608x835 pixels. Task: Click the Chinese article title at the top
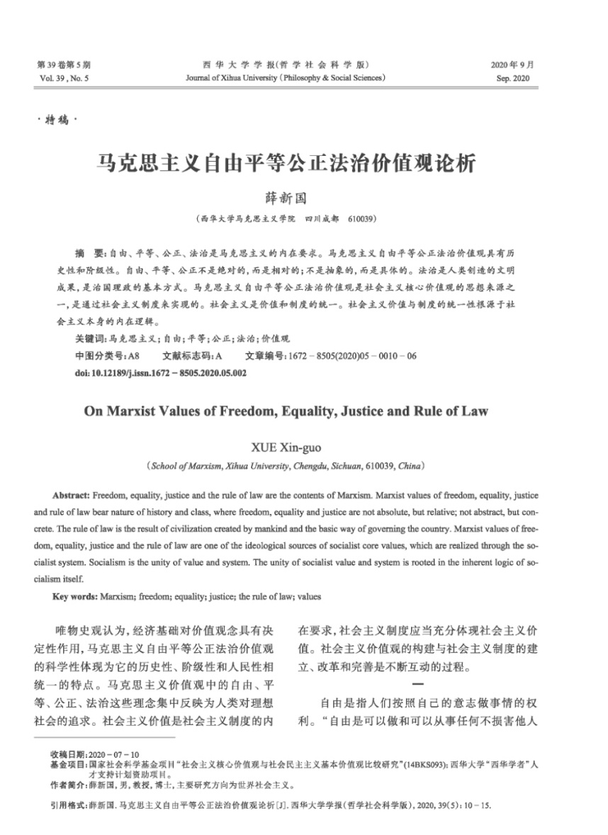pos(285,162)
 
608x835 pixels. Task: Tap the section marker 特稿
pos(55,121)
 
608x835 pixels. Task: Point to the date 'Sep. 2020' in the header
pos(513,77)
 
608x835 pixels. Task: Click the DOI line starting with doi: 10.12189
pos(160,372)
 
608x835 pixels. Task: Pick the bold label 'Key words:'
pos(77,597)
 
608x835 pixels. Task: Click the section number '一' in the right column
pos(417,684)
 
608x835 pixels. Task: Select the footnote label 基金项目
pos(68,765)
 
